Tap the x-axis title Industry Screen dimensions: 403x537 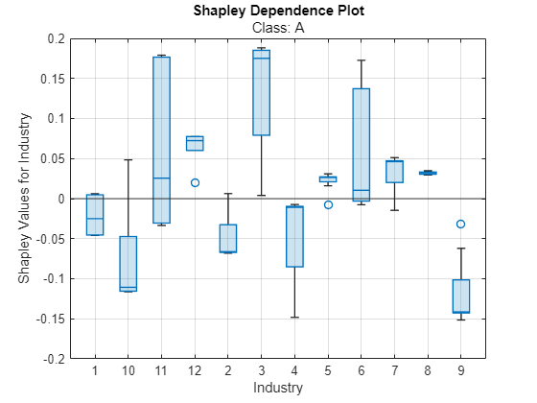(277, 388)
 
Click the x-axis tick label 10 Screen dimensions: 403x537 (128, 370)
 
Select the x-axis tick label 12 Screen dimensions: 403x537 (195, 370)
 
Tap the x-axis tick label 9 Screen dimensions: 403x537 (460, 370)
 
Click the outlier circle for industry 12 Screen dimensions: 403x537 (195, 182)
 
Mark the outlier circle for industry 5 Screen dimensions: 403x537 (328, 204)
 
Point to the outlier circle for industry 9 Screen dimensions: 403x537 (460, 224)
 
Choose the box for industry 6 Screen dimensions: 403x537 (361, 144)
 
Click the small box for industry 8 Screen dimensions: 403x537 (428, 173)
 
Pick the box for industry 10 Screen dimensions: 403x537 (128, 263)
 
